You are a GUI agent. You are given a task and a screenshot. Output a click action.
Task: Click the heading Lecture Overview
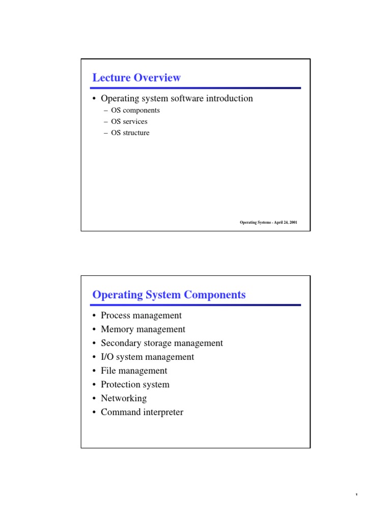tap(136, 78)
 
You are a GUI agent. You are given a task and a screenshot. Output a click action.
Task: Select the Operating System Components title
tap(169, 295)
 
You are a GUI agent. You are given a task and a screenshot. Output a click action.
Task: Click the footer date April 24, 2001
tap(285, 223)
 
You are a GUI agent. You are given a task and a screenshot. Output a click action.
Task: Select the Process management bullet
tap(141, 316)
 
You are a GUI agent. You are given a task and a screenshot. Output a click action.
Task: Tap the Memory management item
tap(143, 330)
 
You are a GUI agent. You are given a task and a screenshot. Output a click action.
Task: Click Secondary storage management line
tap(162, 344)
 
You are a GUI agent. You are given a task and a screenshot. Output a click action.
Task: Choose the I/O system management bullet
tap(147, 357)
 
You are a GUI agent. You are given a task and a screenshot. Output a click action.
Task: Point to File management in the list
tap(134, 371)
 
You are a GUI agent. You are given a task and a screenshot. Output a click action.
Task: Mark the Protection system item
tap(135, 385)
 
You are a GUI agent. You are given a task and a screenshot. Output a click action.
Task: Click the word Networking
tap(124, 399)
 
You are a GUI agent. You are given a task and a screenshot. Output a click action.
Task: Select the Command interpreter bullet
tap(142, 412)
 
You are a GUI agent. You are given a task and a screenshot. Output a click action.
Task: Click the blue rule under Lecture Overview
tap(196, 88)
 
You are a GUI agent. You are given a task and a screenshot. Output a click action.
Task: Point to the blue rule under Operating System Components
tap(196, 305)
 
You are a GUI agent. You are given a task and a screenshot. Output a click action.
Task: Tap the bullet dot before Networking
tap(95, 399)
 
